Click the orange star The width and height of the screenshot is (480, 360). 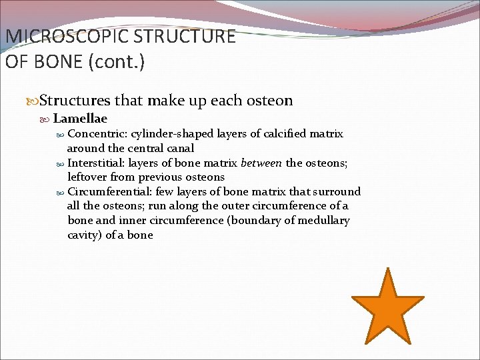[387, 308]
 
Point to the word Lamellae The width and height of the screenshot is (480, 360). [80, 119]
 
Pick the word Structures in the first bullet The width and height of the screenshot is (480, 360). [75, 101]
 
